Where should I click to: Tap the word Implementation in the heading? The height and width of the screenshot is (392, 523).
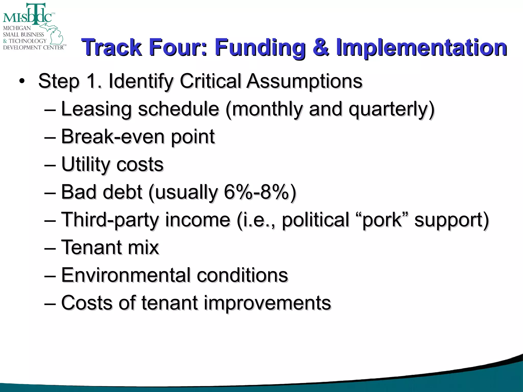coord(421,47)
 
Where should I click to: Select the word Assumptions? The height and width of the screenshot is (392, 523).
coord(304,81)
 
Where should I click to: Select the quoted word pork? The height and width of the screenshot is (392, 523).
coord(382,220)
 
